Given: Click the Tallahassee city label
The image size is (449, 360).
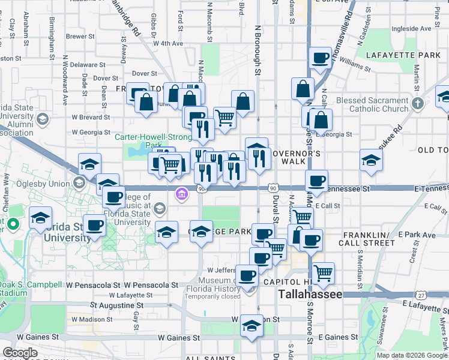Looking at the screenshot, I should click(x=310, y=295).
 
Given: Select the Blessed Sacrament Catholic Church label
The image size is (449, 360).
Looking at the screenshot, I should click(x=372, y=104).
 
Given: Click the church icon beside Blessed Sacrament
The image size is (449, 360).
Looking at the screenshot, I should click(x=418, y=104).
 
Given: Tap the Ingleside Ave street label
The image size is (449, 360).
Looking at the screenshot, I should click(x=411, y=28).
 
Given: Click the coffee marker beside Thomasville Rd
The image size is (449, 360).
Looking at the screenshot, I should click(x=320, y=58).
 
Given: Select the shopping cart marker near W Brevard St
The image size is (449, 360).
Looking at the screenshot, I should click(x=224, y=117).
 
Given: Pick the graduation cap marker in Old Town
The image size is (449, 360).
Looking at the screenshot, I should click(x=371, y=160).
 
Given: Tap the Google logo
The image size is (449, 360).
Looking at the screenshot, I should click(x=20, y=353).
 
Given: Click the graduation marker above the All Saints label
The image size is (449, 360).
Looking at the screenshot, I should click(x=252, y=325).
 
